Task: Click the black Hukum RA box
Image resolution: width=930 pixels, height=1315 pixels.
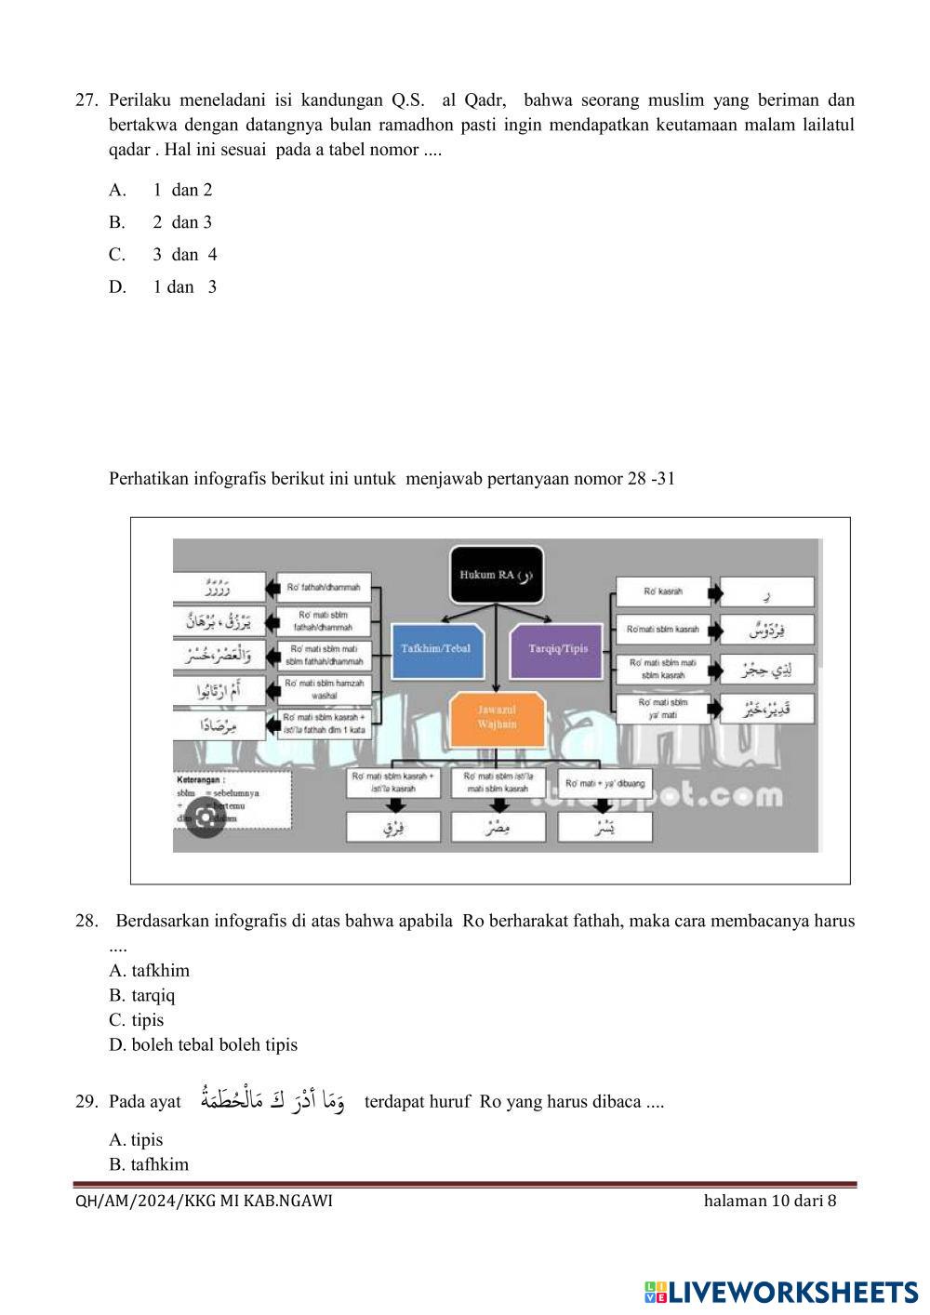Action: pyautogui.click(x=496, y=575)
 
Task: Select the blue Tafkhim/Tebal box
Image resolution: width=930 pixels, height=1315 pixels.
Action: pyautogui.click(x=435, y=648)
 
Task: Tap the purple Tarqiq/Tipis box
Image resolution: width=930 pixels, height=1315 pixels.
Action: pyautogui.click(x=558, y=648)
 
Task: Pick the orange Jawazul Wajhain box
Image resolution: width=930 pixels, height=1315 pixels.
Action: pyautogui.click(x=497, y=717)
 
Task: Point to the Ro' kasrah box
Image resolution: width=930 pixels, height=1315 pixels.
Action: pyautogui.click(x=663, y=591)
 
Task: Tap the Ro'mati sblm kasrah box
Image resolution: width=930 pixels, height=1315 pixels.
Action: pyautogui.click(x=663, y=630)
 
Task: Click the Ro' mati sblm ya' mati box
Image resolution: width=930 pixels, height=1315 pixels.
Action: pyautogui.click(x=663, y=709)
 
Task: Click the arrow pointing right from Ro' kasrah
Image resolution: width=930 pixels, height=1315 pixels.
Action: pyautogui.click(x=715, y=591)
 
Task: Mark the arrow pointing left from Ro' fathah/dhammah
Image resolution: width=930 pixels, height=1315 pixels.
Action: pyautogui.click(x=272, y=588)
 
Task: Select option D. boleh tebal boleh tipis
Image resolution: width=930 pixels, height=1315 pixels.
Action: pyautogui.click(x=203, y=1044)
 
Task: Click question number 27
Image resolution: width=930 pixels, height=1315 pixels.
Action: pyautogui.click(x=86, y=100)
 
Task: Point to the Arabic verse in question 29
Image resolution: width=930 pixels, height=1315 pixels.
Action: pyautogui.click(x=272, y=1100)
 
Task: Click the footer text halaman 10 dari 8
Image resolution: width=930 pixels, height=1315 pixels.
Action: pyautogui.click(x=770, y=1201)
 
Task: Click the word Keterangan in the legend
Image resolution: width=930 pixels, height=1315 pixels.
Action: pyautogui.click(x=201, y=780)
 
